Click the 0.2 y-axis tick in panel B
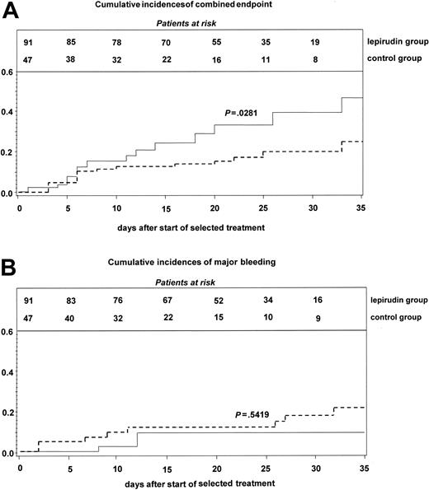[7, 413]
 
